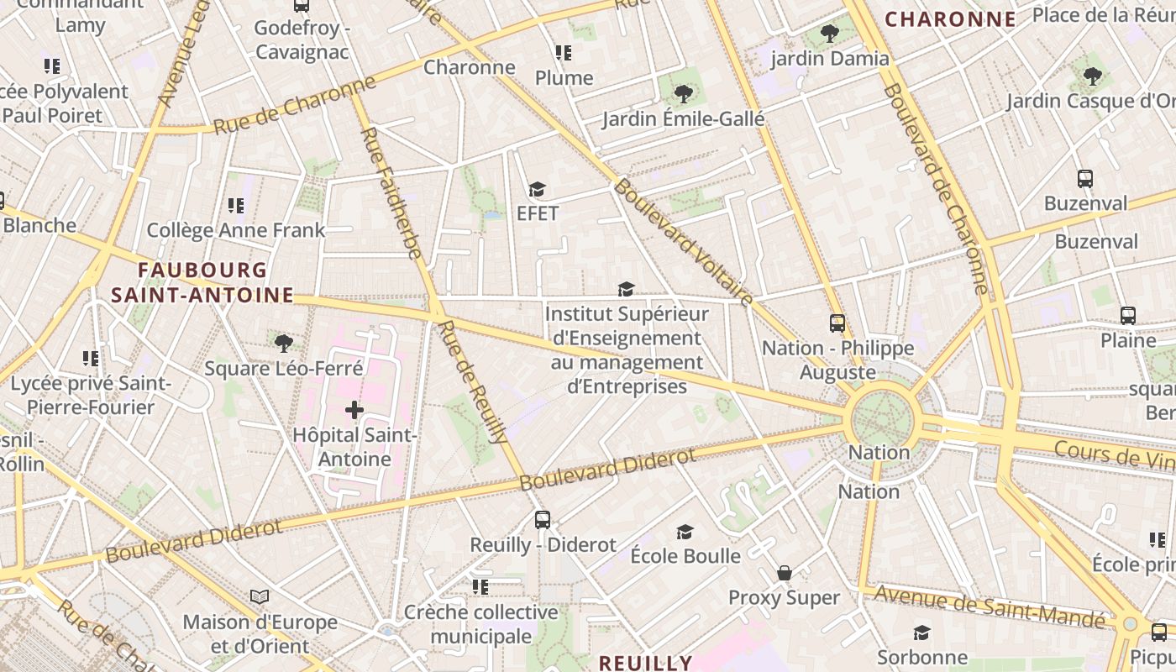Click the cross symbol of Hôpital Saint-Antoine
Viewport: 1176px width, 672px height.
coord(354,410)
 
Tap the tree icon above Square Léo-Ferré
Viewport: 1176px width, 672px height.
coord(284,343)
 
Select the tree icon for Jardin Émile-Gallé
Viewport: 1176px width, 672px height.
coord(684,94)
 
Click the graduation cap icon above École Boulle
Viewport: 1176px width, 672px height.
coord(685,532)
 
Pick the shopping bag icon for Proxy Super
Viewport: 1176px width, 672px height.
coord(785,573)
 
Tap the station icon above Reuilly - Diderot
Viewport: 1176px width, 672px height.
coord(543,520)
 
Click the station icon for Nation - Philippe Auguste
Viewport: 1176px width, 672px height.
coord(837,323)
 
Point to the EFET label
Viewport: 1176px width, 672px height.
coord(538,213)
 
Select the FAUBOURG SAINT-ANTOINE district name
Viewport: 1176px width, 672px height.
coord(202,283)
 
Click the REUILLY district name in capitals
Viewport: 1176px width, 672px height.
coord(645,663)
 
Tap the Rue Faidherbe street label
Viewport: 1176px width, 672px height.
coord(391,192)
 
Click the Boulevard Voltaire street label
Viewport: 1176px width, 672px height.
coord(683,242)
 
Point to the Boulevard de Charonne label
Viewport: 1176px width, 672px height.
coord(936,188)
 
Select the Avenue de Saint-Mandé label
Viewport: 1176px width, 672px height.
coord(990,606)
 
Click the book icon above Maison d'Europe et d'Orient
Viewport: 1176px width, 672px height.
coord(260,597)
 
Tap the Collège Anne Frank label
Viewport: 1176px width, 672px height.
coord(236,230)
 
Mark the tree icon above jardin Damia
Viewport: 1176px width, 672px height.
coord(830,34)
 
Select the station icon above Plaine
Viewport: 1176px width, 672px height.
coord(1128,316)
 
